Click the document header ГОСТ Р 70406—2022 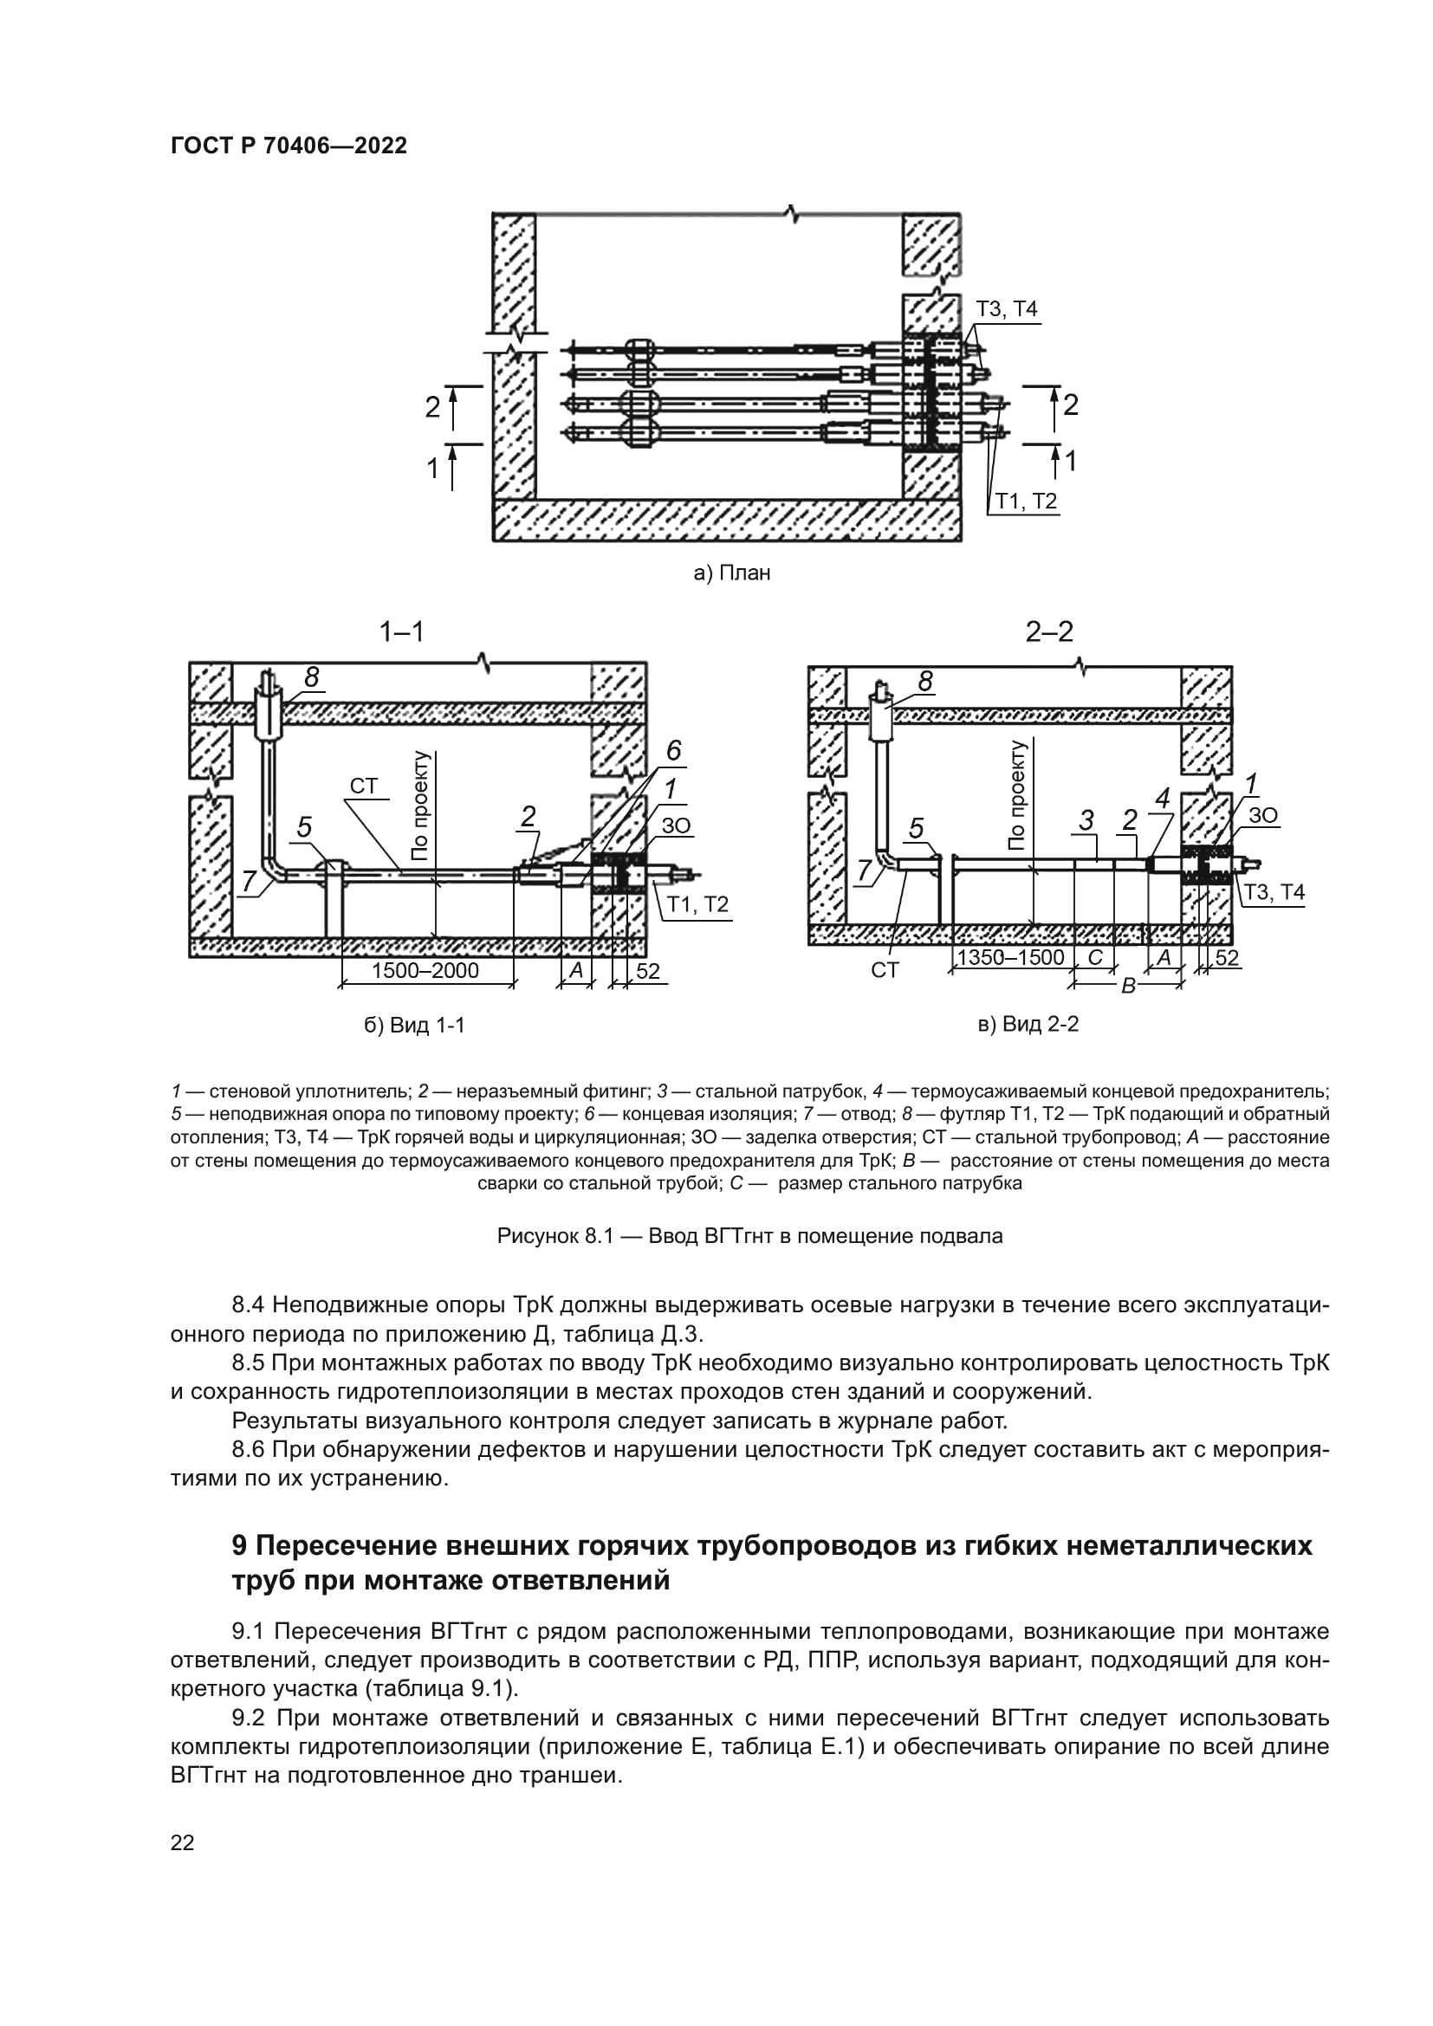289,146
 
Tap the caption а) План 731,573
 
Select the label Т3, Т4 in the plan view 1006,309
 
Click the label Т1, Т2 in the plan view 1026,502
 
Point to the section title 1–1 401,631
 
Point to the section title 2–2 1049,631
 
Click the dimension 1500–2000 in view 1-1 425,971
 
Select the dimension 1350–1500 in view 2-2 1010,957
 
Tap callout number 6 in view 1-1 673,751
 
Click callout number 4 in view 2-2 1162,799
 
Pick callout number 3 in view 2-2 1086,820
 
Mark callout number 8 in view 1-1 311,676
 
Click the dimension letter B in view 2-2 1128,986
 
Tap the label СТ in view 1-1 364,786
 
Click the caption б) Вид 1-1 414,1026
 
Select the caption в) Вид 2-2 1029,1024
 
